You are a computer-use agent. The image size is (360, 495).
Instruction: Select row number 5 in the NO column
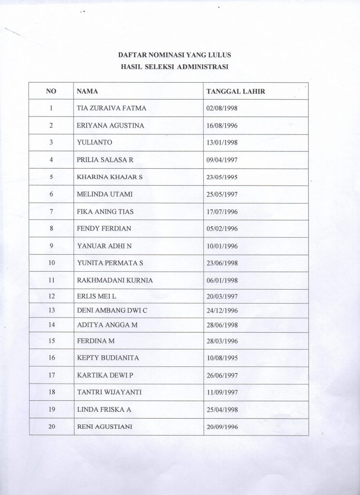51,177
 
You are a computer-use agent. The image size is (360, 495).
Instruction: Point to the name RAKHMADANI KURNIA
109,280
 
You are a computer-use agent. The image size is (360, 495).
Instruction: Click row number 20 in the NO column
51,426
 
